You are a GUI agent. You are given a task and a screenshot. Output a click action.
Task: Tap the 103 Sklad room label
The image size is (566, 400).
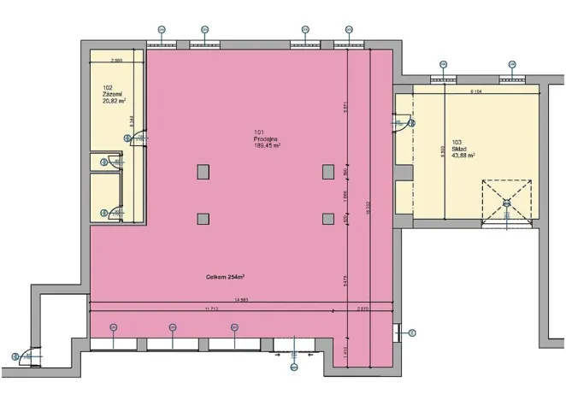click(x=463, y=149)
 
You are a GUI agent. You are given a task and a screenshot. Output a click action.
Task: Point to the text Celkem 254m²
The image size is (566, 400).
click(x=226, y=277)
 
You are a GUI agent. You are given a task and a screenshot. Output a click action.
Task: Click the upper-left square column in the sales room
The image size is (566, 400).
click(x=203, y=172)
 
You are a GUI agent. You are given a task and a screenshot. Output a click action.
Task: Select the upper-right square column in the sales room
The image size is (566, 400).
click(x=327, y=172)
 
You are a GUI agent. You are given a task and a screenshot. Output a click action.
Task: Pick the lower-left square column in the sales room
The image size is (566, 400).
click(x=203, y=219)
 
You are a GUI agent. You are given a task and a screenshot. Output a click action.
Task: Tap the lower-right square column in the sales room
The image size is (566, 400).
click(x=327, y=219)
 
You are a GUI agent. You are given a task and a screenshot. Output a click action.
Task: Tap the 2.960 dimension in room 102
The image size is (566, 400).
click(x=117, y=60)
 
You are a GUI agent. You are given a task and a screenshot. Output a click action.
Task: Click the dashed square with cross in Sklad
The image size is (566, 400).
click(x=506, y=203)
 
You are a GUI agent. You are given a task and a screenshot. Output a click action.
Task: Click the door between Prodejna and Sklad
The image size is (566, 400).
click(x=402, y=124)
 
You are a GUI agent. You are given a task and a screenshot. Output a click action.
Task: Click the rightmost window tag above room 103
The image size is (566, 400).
click(x=511, y=64)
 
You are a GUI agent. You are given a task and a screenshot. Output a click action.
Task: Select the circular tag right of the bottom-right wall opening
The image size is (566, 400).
click(x=411, y=332)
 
